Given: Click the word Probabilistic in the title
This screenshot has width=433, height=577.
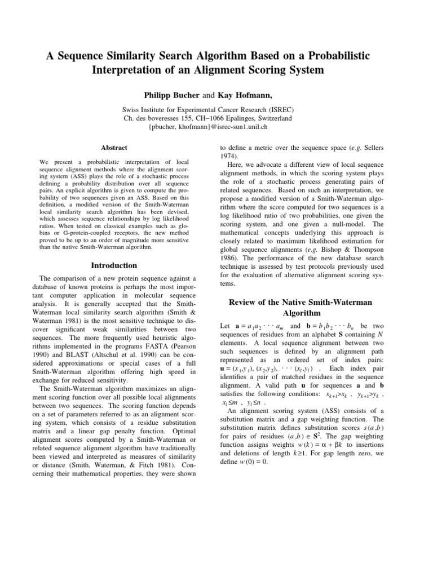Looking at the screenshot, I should pyautogui.click(x=344, y=52).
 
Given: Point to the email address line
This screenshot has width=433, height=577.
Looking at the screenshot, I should pyautogui.click(x=216, y=128).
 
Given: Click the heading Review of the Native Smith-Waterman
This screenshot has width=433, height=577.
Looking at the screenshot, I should pyautogui.click(x=300, y=303).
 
